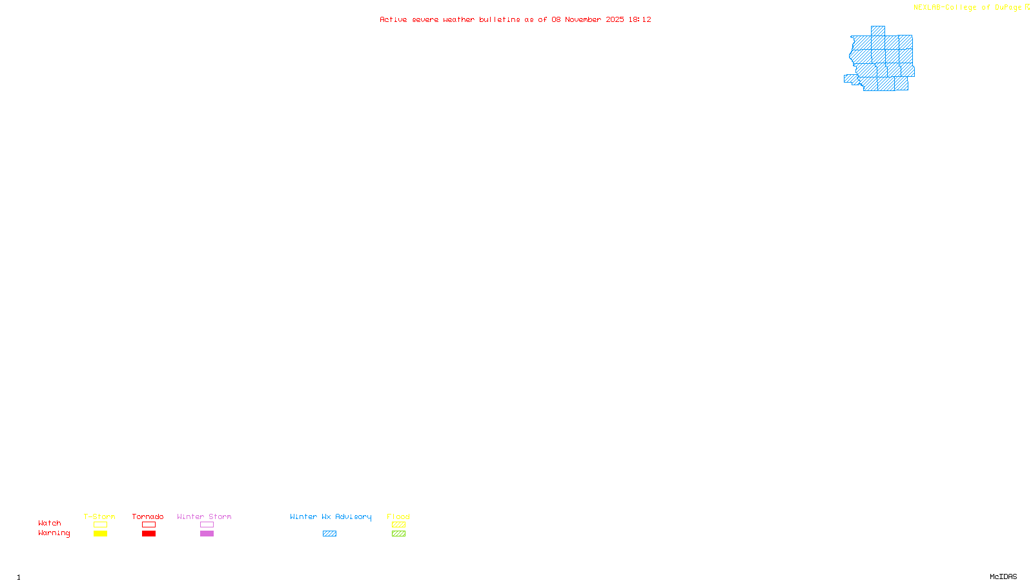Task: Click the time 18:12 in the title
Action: click(640, 20)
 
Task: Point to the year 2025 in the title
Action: click(615, 20)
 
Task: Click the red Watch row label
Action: click(50, 524)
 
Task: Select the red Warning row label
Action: click(54, 533)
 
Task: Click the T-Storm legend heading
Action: click(99, 516)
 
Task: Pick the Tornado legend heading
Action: click(148, 516)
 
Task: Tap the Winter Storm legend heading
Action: click(204, 516)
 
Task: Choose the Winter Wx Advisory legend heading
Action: click(331, 516)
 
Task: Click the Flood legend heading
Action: click(398, 516)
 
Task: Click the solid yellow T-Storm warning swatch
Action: click(100, 534)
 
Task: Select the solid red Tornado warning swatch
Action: click(148, 534)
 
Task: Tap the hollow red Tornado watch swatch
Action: click(148, 525)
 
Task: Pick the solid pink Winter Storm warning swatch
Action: click(207, 534)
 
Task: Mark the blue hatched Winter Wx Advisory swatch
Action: click(329, 534)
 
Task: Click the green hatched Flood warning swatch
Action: click(398, 534)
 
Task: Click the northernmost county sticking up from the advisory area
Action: click(877, 31)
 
